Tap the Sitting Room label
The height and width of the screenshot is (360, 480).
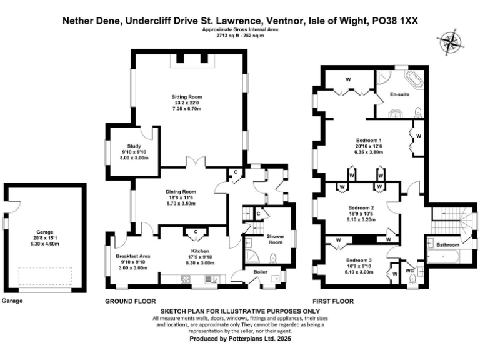tap(187, 97)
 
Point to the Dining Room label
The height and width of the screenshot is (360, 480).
tap(181, 192)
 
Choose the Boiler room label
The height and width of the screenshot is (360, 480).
tap(260, 272)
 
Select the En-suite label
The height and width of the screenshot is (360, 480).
tap(400, 94)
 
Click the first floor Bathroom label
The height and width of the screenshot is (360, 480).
tap(447, 245)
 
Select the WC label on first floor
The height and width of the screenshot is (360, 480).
tap(409, 271)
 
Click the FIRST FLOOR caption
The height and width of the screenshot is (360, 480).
tap(334, 301)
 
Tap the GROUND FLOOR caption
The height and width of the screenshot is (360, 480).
tap(130, 301)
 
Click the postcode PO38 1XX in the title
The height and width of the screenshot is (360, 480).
tap(396, 21)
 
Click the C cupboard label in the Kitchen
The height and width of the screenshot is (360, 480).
tap(196, 232)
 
